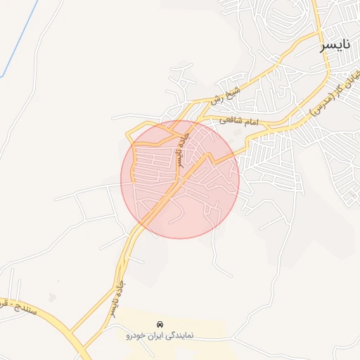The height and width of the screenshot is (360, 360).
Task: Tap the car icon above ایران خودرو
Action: (160, 324)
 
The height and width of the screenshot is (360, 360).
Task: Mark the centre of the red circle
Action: (180, 179)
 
